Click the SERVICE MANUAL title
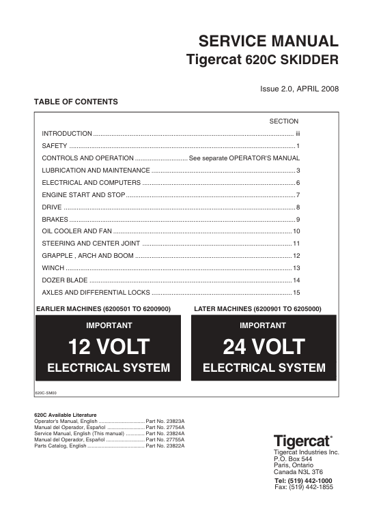[268, 41]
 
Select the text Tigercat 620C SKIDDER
[262, 60]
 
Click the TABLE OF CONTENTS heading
[76, 102]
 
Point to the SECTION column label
[284, 121]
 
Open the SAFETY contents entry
[55, 146]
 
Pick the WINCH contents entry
[53, 268]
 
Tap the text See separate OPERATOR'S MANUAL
[244, 158]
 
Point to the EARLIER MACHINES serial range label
[102, 309]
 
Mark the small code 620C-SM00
[46, 392]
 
